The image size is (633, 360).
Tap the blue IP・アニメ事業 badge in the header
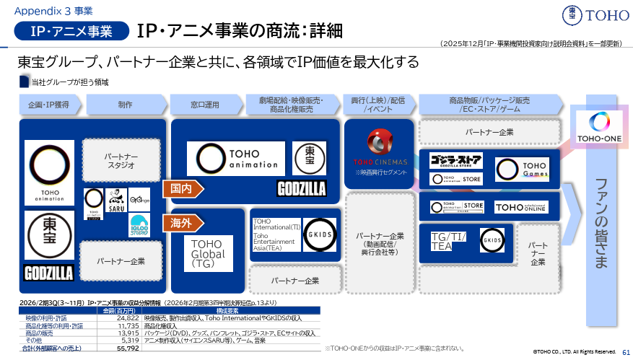point(71,31)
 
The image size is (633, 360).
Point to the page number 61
point(626,351)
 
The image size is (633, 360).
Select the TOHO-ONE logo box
point(596,128)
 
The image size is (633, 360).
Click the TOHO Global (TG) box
point(208,254)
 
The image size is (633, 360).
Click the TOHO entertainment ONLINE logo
point(521,207)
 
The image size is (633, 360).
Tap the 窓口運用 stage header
point(205,105)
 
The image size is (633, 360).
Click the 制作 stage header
point(125,105)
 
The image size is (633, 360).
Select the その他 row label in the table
point(37,341)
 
